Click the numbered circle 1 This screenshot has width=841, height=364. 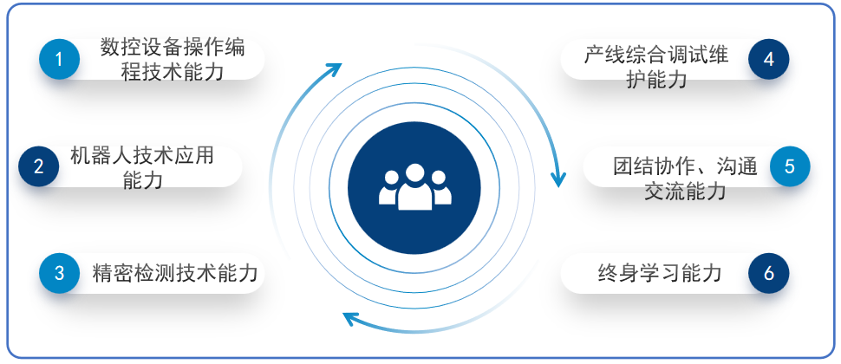click(x=60, y=59)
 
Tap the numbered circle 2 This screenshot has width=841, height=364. click(x=39, y=166)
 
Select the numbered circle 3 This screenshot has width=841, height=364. click(x=60, y=273)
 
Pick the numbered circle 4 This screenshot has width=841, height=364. click(x=768, y=59)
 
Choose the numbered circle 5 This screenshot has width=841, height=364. click(x=790, y=166)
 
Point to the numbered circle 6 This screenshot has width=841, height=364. click(x=768, y=273)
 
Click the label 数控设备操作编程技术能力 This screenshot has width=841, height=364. click(x=173, y=59)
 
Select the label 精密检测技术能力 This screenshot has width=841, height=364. click(x=175, y=273)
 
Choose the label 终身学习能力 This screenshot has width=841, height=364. click(x=660, y=273)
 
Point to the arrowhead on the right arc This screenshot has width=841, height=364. click(x=558, y=180)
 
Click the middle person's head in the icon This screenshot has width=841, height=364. click(x=415, y=172)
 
